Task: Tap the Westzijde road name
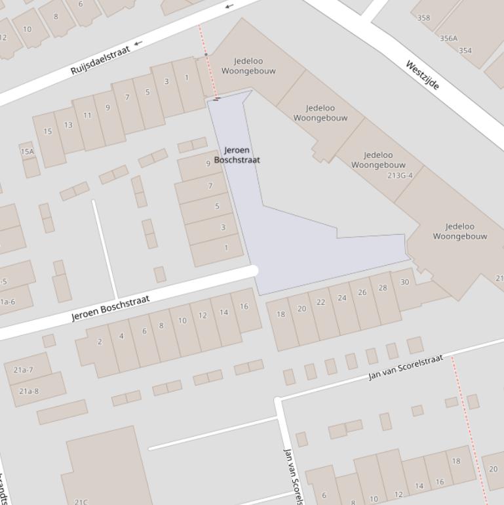422,75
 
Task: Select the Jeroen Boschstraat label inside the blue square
237,155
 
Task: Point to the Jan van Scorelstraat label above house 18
406,367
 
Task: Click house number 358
424,18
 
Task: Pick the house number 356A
448,39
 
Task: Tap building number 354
465,51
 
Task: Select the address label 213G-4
400,176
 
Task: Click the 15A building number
27,151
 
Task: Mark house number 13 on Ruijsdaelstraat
68,125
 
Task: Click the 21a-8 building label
28,392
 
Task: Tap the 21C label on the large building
80,502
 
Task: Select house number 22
320,302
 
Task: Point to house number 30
404,283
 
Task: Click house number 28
383,288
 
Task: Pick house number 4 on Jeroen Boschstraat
121,336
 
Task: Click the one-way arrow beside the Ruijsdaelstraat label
138,45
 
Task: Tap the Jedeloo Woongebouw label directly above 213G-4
378,160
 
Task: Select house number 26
362,293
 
